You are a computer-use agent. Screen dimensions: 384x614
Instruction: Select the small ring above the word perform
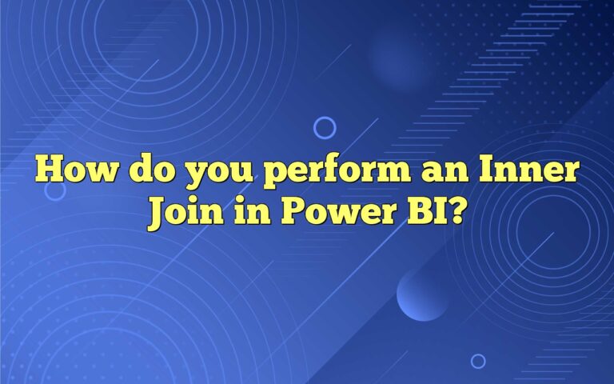pos(325,127)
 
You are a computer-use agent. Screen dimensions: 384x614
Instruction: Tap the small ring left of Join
pos(54,190)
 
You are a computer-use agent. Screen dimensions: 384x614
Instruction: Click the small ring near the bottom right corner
pos(478,361)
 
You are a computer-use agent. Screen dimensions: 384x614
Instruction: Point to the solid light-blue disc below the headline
pos(422,294)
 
